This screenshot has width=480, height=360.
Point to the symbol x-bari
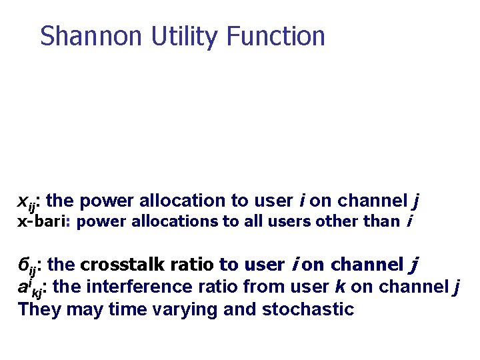point(44,221)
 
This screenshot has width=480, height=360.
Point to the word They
point(39,309)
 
